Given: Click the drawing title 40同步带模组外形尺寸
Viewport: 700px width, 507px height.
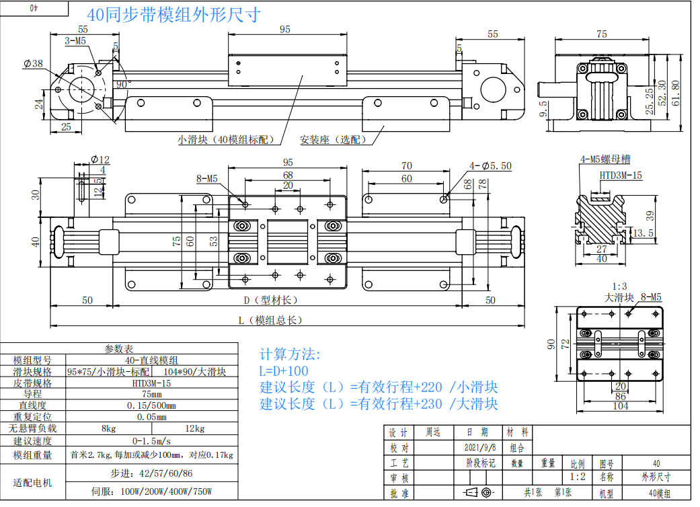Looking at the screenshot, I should click(x=174, y=15).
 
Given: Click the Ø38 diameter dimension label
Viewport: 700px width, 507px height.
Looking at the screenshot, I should click(x=32, y=64).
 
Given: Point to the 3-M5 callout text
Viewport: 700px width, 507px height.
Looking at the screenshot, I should click(x=75, y=41).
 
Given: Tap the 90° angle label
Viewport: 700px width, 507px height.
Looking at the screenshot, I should click(x=123, y=84).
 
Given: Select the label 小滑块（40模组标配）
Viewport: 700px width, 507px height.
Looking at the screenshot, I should click(x=227, y=140).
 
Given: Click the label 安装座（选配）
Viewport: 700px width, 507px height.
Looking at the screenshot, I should click(x=334, y=140).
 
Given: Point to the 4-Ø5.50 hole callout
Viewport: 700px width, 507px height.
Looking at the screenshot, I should click(x=491, y=165).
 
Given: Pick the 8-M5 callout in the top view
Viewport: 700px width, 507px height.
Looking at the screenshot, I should click(x=207, y=179).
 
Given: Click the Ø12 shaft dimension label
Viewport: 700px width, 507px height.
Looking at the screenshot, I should click(x=99, y=159).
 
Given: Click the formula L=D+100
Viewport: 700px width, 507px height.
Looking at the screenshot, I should click(x=284, y=371).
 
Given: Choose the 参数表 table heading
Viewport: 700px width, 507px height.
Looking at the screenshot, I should click(x=119, y=349).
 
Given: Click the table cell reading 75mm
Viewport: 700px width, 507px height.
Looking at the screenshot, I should click(x=151, y=394).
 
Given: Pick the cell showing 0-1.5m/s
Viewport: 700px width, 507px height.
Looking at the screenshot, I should click(x=151, y=440).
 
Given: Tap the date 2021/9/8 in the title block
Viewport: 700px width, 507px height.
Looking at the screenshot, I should click(x=480, y=447).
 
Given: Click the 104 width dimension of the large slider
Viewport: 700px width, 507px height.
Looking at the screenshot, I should click(x=620, y=406).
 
